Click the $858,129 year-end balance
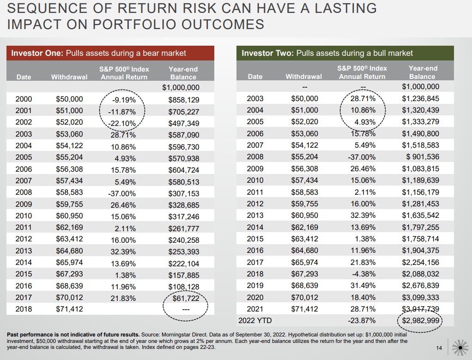point(183,99)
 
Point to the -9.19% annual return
point(123,99)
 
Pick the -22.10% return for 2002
point(123,123)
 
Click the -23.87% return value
point(362,321)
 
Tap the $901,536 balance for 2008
point(422,157)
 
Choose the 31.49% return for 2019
point(363,285)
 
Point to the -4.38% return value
point(363,274)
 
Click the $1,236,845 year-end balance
point(420,98)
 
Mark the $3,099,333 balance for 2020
point(420,297)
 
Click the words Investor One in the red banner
point(37,53)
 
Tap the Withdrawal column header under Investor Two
point(303,77)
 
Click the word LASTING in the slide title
point(339,8)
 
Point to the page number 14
point(440,347)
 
